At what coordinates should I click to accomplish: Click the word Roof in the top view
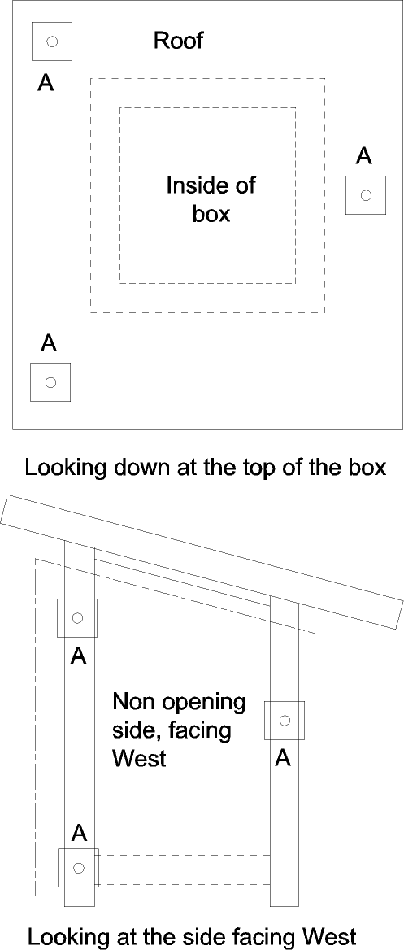pos(179,41)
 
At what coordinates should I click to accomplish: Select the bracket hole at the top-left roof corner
pos(52,41)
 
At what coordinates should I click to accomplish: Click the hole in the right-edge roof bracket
pos(365,195)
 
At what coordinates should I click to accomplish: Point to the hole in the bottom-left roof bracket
pos(51,381)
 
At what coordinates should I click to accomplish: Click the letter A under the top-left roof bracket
pos(46,82)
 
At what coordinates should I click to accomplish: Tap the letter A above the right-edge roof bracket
pos(364,156)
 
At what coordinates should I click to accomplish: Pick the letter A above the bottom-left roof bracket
pos(49,343)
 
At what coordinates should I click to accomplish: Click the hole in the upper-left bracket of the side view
pos(77,618)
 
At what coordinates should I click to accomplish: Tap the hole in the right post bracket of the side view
pos(285,721)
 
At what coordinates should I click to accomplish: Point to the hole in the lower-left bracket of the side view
pos(78,868)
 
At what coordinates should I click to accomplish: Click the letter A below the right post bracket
pos(283,757)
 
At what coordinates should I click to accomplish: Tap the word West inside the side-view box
pos(139,759)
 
